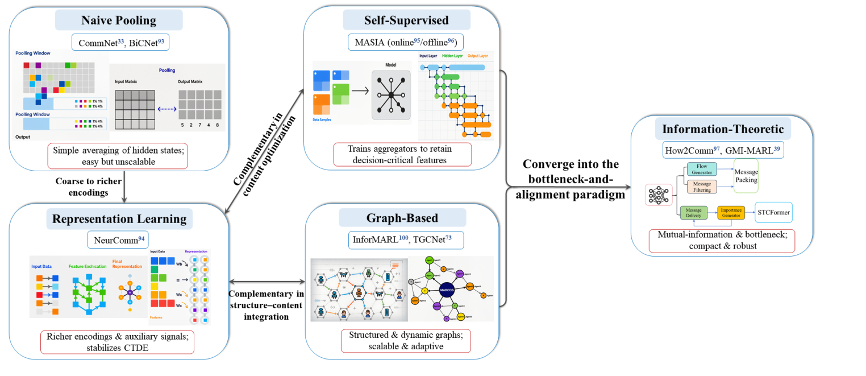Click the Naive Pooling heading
tap(119, 20)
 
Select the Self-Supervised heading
tap(406, 20)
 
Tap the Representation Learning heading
tap(119, 219)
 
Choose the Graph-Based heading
tap(402, 218)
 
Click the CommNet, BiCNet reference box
tap(119, 42)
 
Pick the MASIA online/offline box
tap(406, 41)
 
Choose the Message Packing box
tap(746, 176)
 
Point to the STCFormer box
tap(773, 212)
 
